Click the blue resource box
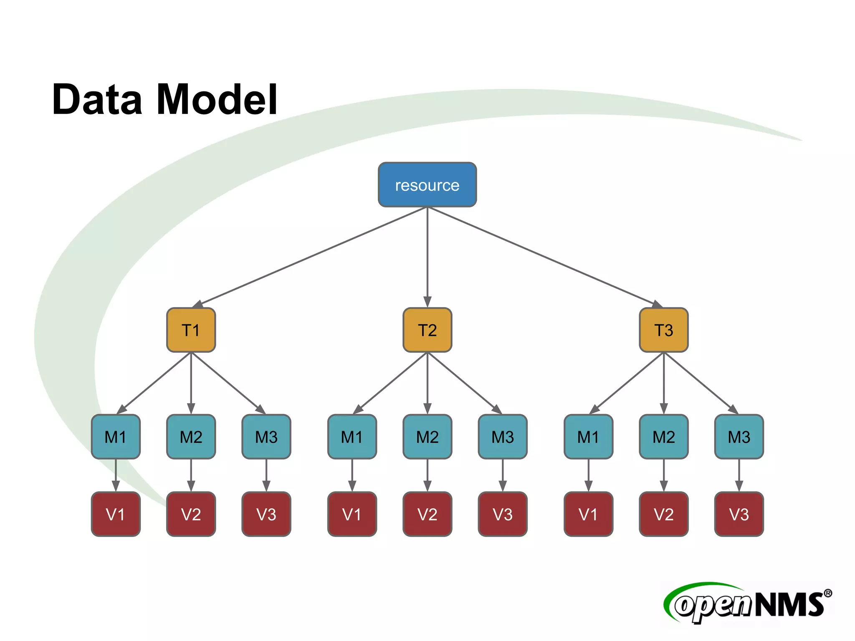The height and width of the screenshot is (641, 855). (x=427, y=184)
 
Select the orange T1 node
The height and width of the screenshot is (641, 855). (x=191, y=330)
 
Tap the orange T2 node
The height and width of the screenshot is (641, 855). (x=427, y=330)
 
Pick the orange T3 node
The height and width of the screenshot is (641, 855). (x=663, y=330)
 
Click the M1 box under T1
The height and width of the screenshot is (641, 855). (x=116, y=437)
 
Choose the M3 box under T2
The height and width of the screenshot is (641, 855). (x=503, y=437)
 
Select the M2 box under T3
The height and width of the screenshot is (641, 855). (x=663, y=437)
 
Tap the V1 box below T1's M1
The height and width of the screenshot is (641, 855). (x=116, y=514)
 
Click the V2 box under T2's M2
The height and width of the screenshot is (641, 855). (x=427, y=514)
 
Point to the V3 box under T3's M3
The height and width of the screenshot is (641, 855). (x=739, y=514)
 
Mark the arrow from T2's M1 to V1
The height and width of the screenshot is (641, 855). (x=352, y=475)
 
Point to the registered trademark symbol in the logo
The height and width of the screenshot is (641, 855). (x=827, y=593)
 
